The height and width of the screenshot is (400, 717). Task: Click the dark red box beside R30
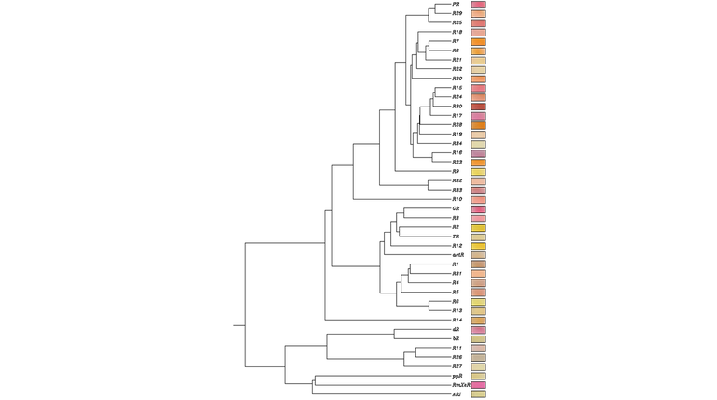coord(478,107)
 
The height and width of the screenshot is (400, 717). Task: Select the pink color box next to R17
coord(478,116)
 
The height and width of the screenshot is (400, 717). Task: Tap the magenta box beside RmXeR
coord(478,385)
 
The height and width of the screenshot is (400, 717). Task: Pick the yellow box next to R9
coord(478,172)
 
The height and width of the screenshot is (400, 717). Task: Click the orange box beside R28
coord(478,125)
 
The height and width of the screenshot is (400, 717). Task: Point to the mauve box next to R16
coord(478,153)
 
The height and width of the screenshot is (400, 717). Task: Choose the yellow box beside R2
coord(478,227)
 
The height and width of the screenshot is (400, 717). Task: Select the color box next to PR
coord(478,5)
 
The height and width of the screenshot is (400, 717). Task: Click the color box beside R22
coord(478,69)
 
